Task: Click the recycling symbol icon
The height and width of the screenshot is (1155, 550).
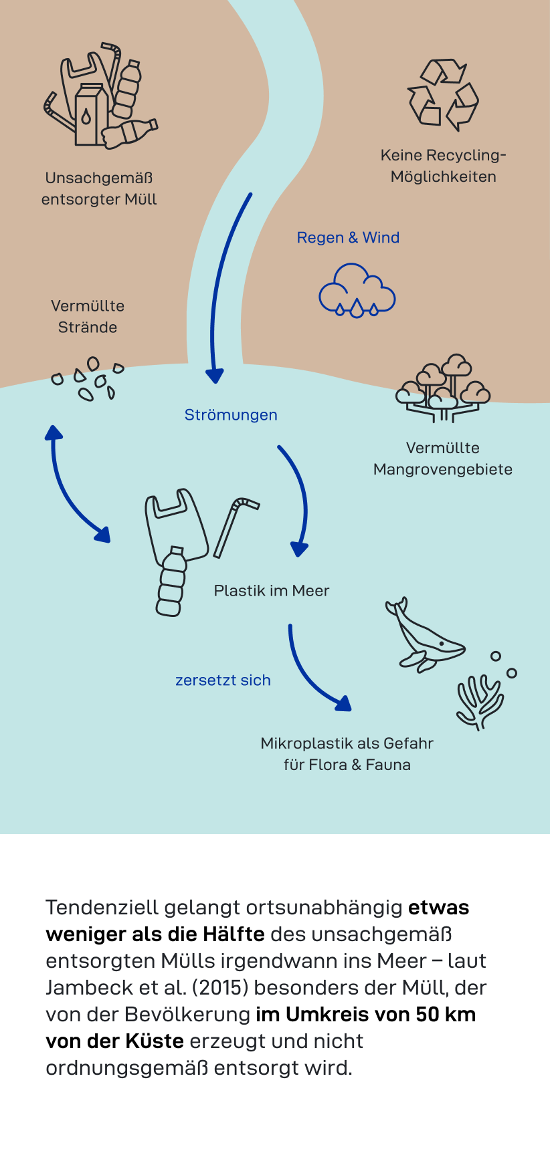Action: pos(443,94)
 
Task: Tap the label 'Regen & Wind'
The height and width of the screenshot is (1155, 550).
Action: pos(348,238)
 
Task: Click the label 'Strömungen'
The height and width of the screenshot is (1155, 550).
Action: pos(231,415)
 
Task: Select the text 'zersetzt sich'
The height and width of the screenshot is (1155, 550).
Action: pos(223,680)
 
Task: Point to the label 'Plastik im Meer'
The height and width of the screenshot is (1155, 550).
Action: pos(272,591)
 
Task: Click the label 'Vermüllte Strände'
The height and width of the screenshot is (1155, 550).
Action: pos(88,317)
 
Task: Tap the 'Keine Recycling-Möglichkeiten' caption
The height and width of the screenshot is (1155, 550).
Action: pos(443,166)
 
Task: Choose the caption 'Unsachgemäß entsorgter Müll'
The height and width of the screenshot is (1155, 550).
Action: pos(99,188)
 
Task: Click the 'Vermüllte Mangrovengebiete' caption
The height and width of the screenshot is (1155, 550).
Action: pos(443,459)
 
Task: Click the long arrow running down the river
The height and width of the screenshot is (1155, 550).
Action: pos(223,287)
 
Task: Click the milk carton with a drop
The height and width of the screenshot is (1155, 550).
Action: pos(90,115)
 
